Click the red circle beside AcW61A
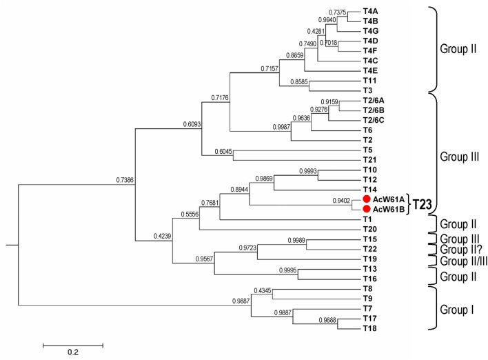[x=367, y=199]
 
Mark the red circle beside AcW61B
[x=367, y=209]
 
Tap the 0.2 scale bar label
[x=73, y=352]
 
